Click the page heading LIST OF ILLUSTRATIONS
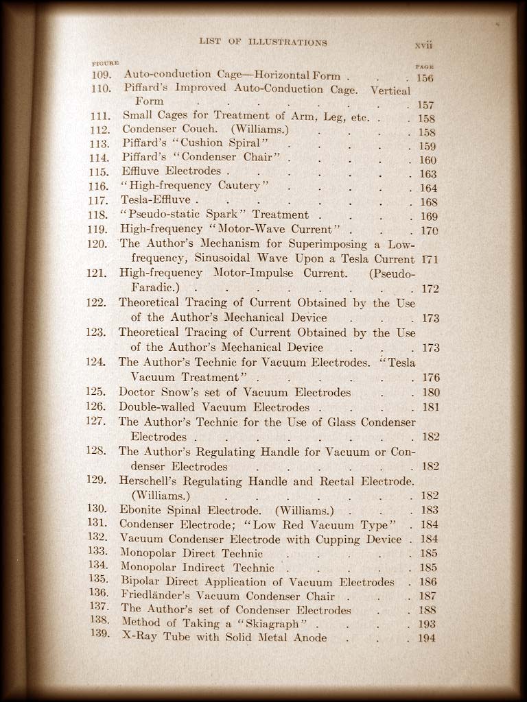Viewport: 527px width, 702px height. click(x=263, y=42)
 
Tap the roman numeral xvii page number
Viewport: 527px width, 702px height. click(x=424, y=45)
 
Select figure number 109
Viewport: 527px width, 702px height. click(x=102, y=74)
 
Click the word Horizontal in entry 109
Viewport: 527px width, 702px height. click(x=276, y=75)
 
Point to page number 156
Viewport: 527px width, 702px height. click(x=425, y=78)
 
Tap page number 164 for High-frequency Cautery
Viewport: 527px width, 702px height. click(x=428, y=188)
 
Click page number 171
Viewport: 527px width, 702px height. click(x=430, y=260)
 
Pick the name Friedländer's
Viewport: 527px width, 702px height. click(x=156, y=595)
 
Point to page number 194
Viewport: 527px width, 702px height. click(x=427, y=638)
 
